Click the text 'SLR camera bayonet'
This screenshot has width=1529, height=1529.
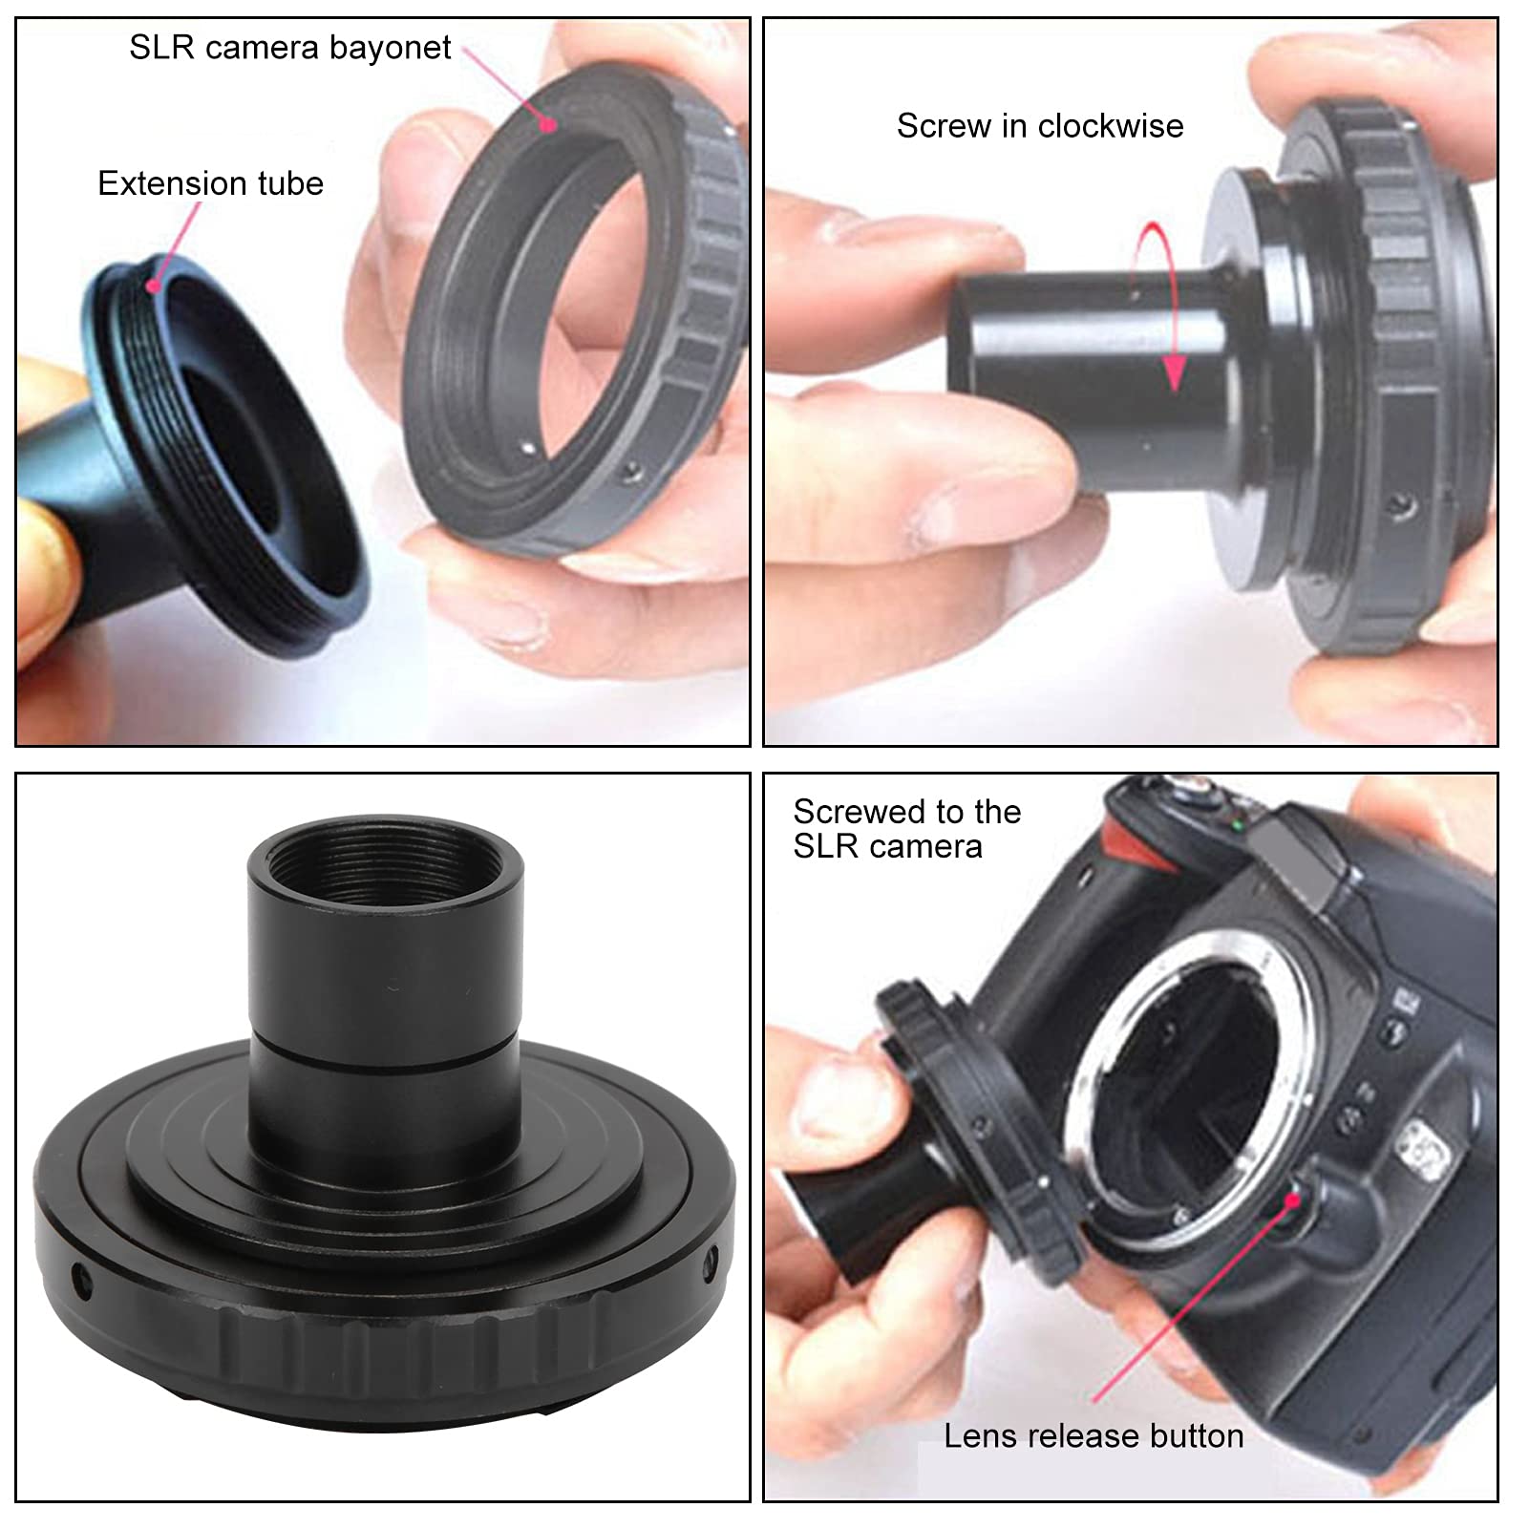point(290,48)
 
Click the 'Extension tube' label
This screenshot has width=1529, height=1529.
point(210,183)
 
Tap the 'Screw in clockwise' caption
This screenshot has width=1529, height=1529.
point(1040,126)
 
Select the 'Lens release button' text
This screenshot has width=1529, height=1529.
point(1094,1436)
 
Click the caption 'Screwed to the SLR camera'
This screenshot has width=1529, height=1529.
point(907,829)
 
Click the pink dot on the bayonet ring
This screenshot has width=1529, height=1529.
point(548,123)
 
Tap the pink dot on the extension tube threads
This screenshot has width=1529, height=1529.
point(152,285)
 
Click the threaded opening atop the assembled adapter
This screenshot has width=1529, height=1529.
point(386,864)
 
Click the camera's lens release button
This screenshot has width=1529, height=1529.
point(1294,1200)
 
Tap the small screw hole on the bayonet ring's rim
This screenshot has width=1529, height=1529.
point(628,471)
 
